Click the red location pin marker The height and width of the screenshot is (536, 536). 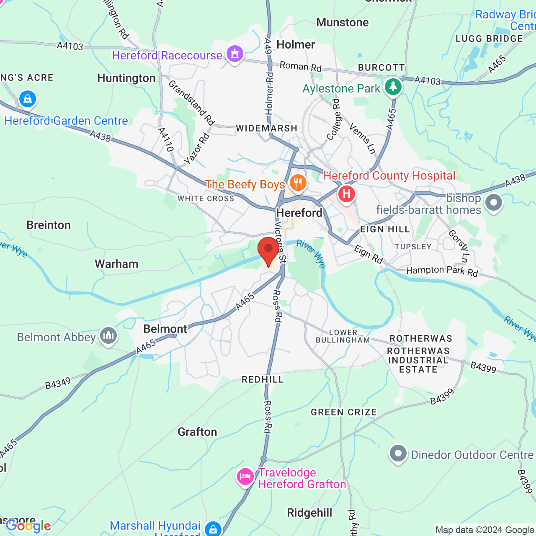click(x=268, y=250)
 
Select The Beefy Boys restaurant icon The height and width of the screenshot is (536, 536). click(x=298, y=183)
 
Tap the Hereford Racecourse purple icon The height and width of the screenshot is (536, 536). click(x=234, y=54)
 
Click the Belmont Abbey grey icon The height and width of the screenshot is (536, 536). click(x=108, y=336)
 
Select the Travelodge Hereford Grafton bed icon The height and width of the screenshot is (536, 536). click(x=245, y=477)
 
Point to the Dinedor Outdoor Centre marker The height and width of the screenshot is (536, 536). click(x=398, y=454)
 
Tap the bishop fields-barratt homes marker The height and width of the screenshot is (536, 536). click(x=493, y=203)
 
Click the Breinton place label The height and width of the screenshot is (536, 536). click(x=49, y=225)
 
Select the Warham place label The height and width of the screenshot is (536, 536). click(x=116, y=264)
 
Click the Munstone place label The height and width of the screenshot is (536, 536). click(x=343, y=23)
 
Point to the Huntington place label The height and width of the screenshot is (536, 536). click(x=126, y=78)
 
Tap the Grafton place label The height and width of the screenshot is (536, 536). click(x=197, y=432)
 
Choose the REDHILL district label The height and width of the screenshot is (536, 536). click(x=263, y=380)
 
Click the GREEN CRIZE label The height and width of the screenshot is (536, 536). click(x=343, y=412)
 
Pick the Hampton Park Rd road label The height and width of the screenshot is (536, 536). click(x=442, y=271)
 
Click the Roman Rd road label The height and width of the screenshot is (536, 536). click(x=300, y=67)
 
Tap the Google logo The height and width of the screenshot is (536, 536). click(x=28, y=526)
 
